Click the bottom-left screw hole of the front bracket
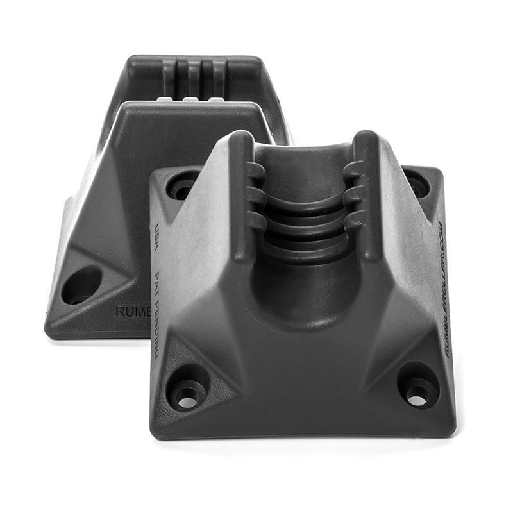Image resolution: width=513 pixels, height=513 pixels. [x=186, y=394]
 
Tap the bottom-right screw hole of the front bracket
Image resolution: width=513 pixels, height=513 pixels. [x=417, y=392]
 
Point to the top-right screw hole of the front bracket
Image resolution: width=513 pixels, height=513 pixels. [x=417, y=185]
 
